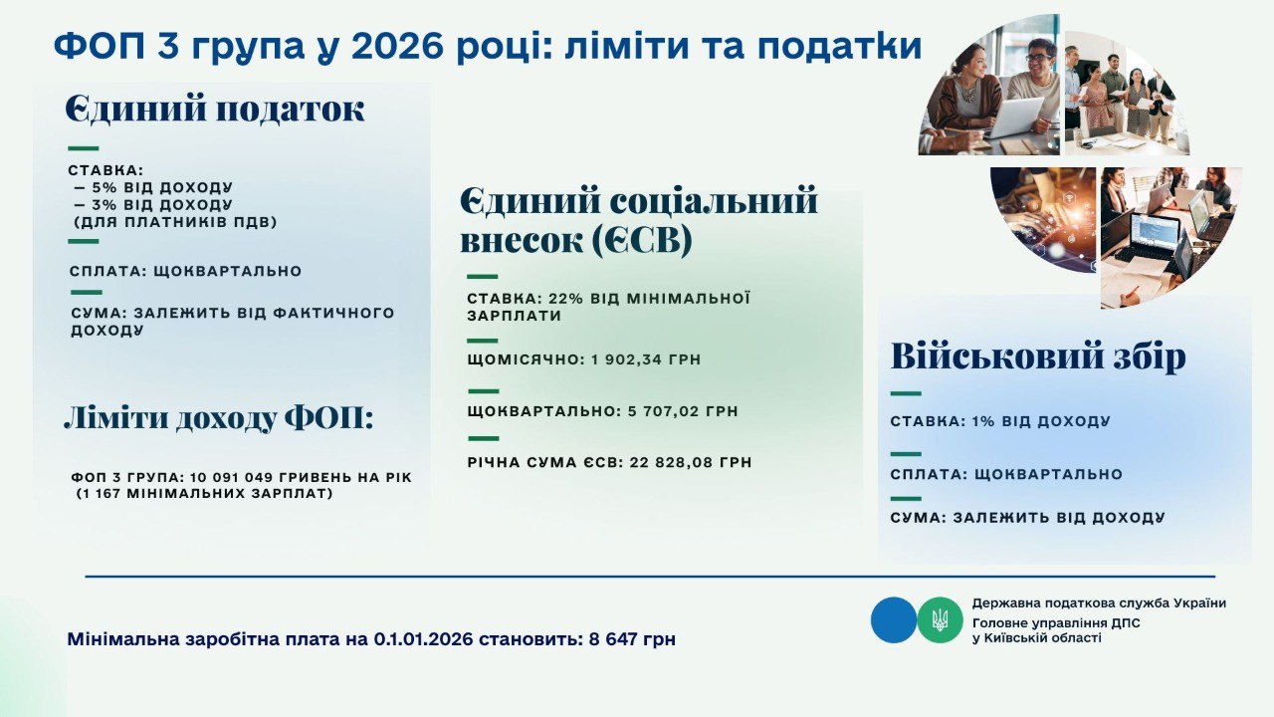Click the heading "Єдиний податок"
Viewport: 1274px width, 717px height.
click(x=215, y=110)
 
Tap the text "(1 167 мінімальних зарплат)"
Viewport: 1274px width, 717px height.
click(x=204, y=493)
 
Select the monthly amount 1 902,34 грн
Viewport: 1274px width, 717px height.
click(x=647, y=359)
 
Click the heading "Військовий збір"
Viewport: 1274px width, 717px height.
click(x=1038, y=358)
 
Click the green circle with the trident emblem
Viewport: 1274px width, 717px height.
click(x=940, y=619)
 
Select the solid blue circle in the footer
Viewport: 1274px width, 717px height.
click(x=893, y=619)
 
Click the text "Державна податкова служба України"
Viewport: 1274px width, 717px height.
click(x=1099, y=602)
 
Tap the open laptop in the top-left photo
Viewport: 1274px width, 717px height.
click(x=1014, y=118)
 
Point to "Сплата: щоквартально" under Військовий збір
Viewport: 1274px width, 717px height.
click(x=1006, y=474)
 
